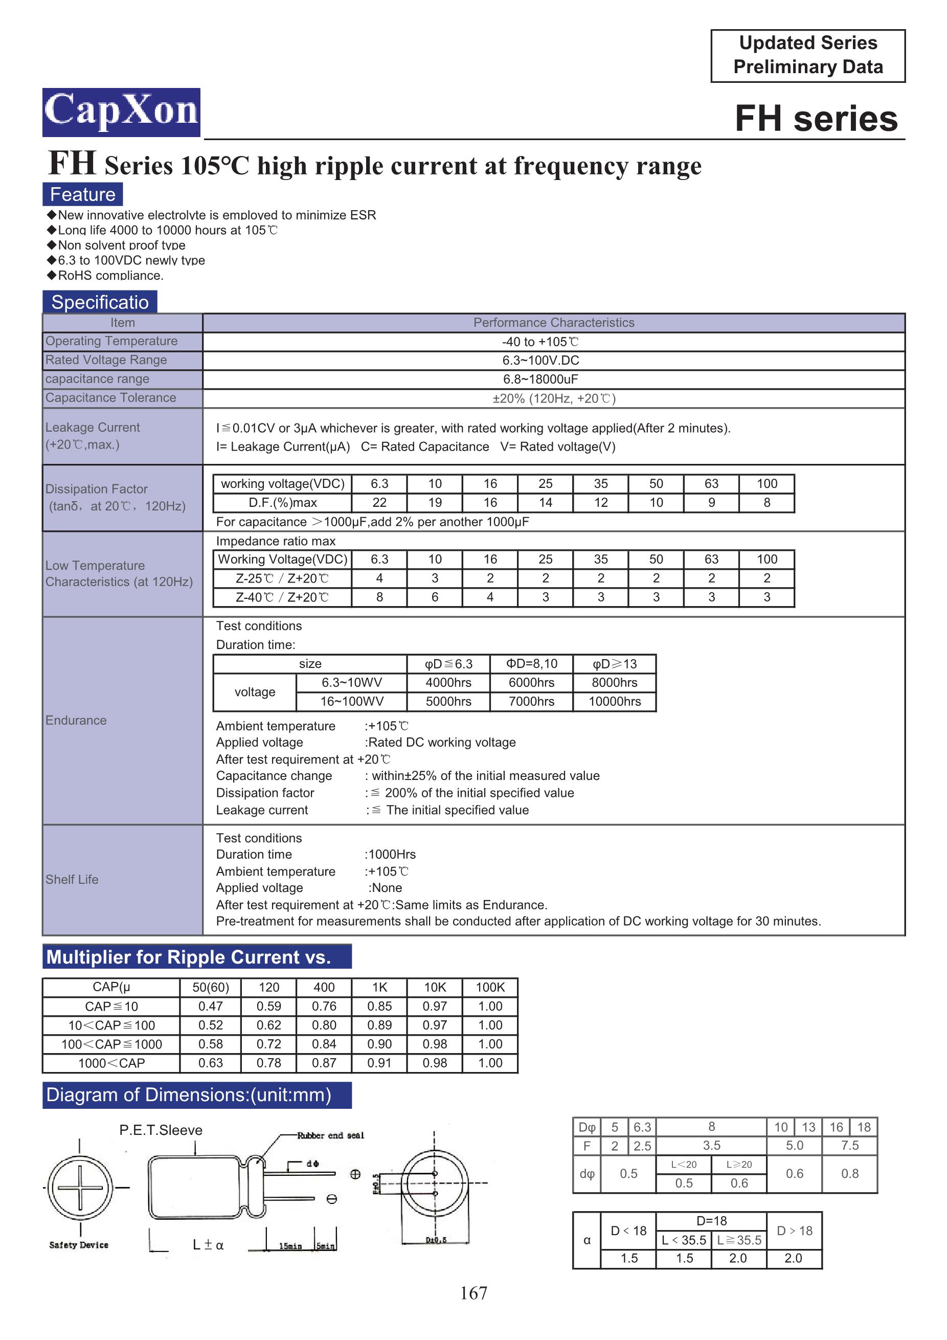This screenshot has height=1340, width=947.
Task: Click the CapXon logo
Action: tap(121, 112)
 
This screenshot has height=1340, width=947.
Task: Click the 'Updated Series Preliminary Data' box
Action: tap(807, 55)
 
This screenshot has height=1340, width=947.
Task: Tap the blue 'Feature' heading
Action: tap(82, 194)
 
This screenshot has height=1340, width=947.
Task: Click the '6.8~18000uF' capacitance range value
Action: tap(540, 379)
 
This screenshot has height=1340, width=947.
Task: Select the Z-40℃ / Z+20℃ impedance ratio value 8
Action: tap(379, 597)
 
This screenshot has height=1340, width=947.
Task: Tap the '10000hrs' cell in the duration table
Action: tap(615, 702)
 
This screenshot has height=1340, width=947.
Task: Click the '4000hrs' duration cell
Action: tap(448, 682)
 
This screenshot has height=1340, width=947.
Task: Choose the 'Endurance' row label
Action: tap(76, 720)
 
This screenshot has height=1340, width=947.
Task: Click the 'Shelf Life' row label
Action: tap(72, 880)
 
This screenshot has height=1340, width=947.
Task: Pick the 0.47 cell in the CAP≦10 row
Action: tap(210, 1006)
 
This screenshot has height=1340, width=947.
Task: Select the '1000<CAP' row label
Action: tap(111, 1063)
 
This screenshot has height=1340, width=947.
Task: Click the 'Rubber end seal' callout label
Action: tap(330, 1135)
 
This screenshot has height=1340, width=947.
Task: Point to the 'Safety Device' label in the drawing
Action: tap(79, 1245)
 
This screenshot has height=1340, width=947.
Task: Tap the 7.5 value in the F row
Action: tap(849, 1146)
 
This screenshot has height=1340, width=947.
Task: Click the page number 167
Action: tap(473, 1293)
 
